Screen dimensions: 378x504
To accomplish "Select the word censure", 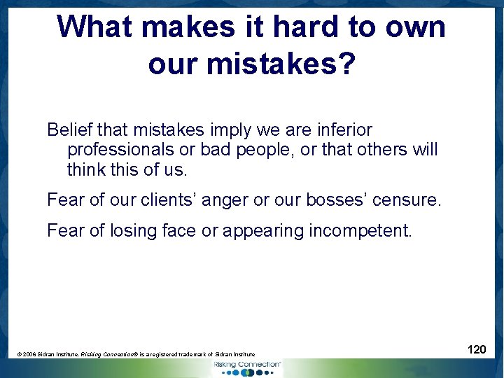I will click(x=407, y=200).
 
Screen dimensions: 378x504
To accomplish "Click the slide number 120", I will click(x=477, y=349).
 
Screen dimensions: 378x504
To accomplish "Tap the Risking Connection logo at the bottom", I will click(x=247, y=367).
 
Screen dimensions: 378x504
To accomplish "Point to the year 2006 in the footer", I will click(x=31, y=355).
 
